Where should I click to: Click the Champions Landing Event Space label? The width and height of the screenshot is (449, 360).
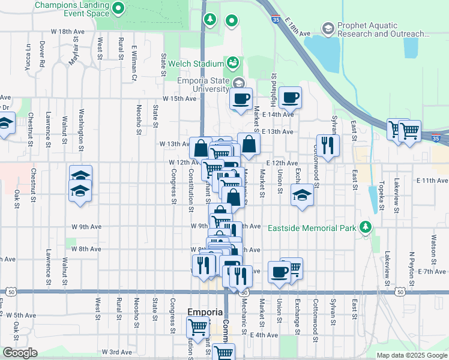click(72, 9)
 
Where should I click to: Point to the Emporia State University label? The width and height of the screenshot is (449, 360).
click(203, 85)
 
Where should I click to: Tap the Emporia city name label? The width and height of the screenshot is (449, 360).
click(205, 313)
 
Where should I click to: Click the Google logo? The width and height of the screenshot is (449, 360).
click(20, 353)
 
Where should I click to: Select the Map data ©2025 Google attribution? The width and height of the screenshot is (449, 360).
click(411, 355)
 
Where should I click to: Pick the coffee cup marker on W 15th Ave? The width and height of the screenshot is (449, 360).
click(241, 99)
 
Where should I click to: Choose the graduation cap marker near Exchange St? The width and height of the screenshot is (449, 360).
click(302, 195)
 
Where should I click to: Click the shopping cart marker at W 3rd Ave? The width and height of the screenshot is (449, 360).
click(224, 353)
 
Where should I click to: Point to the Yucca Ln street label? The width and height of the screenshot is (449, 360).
click(28, 55)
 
